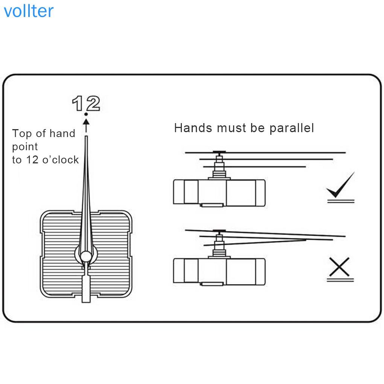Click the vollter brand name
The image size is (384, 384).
coord(29,11)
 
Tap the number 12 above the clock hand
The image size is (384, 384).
coord(86,104)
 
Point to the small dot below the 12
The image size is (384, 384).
coord(86,114)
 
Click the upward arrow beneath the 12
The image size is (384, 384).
coord(86,126)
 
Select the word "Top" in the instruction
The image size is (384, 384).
coord(21,134)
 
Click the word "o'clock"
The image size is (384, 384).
coord(61,160)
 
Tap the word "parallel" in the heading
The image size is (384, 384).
coord(292,128)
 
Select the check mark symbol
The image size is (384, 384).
coord(341,185)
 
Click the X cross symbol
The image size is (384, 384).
coord(340,267)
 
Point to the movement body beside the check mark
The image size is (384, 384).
coord(219,193)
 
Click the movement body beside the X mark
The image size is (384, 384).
coord(219,271)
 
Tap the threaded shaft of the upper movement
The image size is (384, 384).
coord(219,166)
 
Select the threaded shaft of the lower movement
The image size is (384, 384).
coord(219,245)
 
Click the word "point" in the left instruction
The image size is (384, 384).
coord(25,147)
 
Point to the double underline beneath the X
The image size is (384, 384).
coord(340,280)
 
